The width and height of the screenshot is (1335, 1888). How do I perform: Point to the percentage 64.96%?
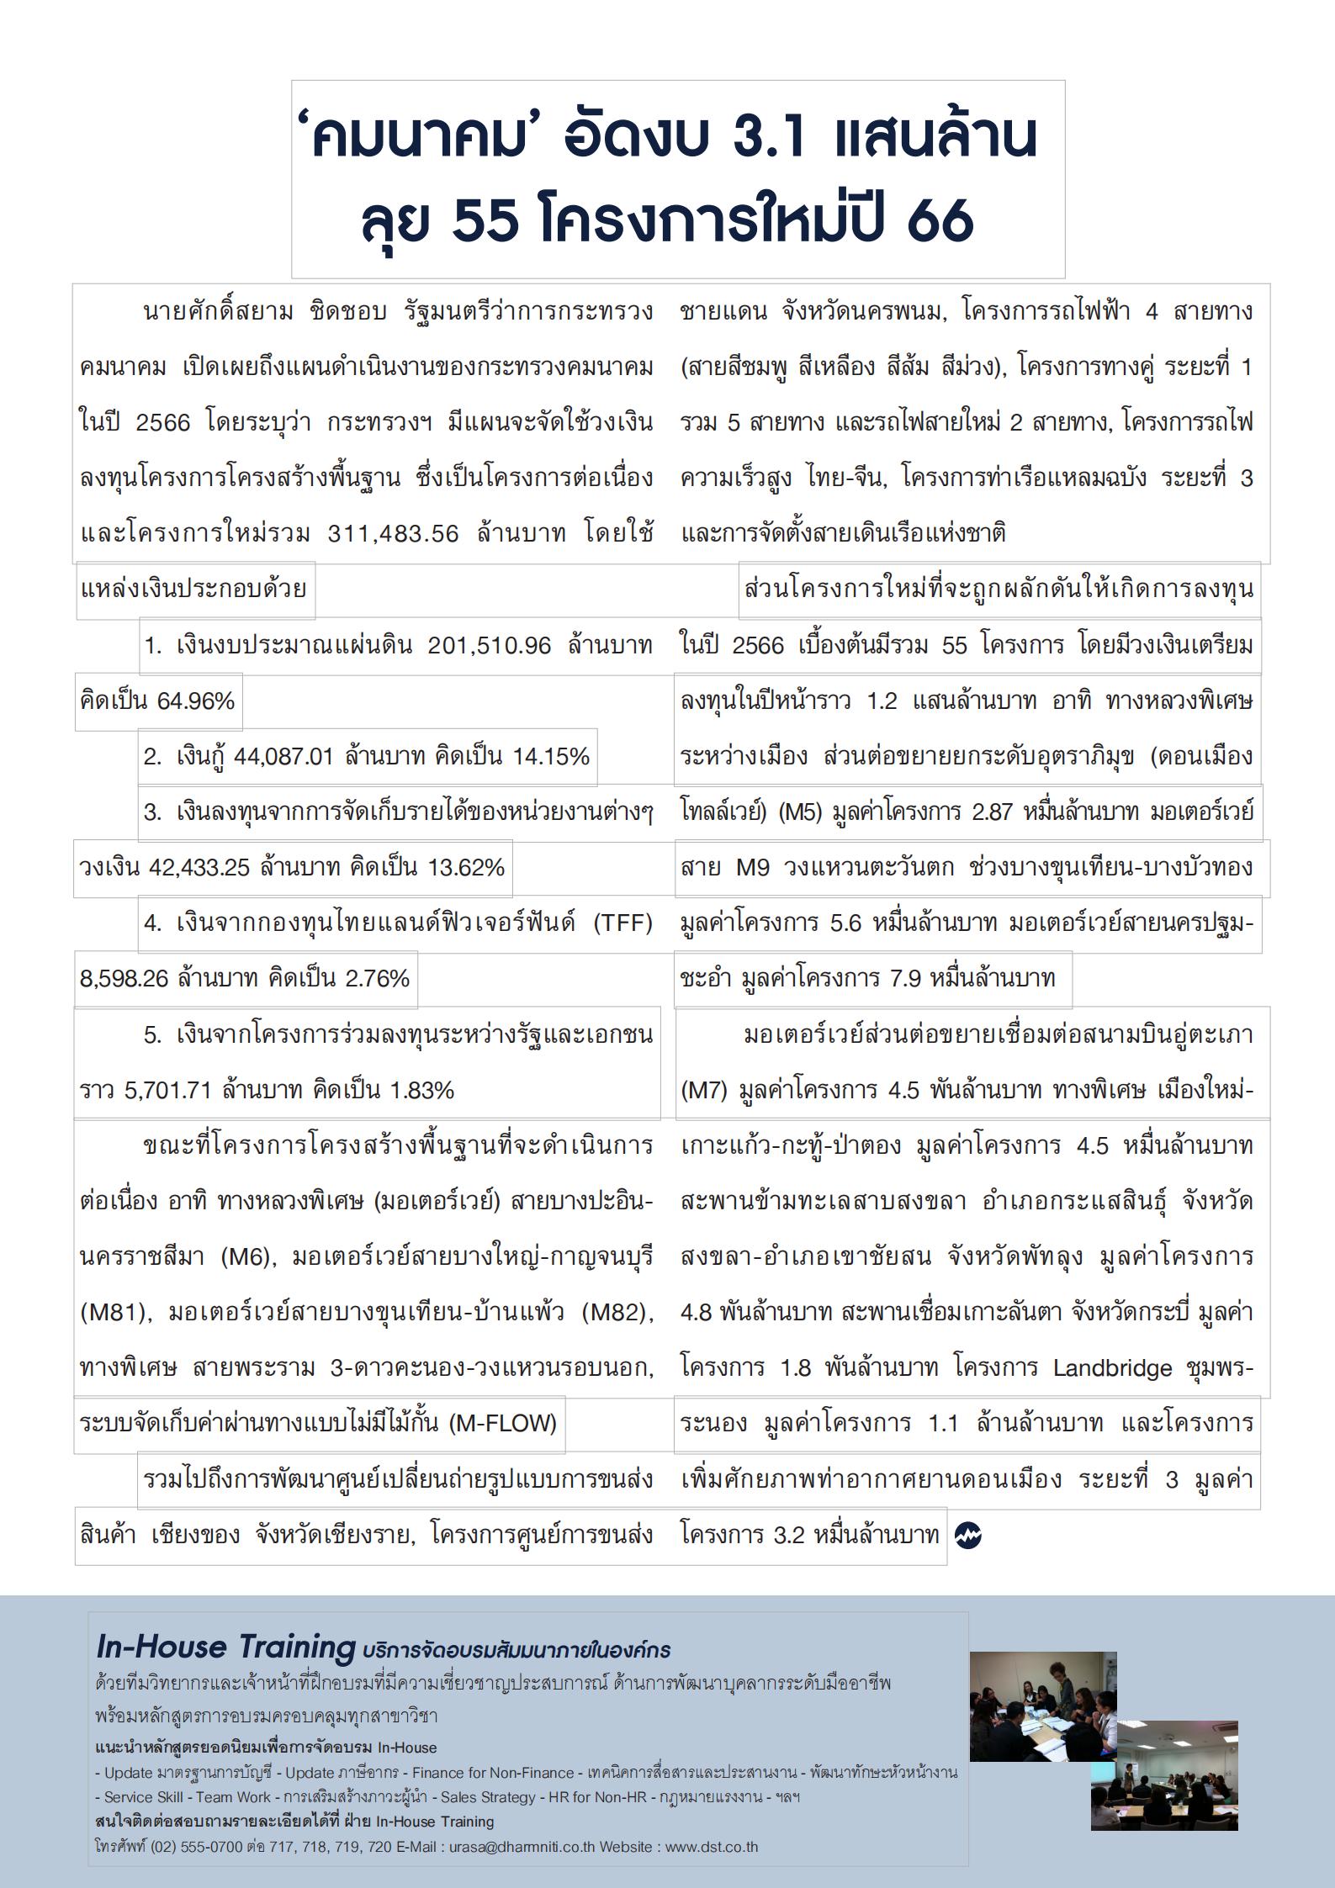pyautogui.click(x=195, y=701)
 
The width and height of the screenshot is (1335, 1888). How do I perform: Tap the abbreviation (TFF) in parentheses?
pyautogui.click(x=622, y=923)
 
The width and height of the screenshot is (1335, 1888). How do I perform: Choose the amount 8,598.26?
pyautogui.click(x=124, y=979)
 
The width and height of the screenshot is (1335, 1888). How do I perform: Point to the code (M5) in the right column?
pyautogui.click(x=801, y=813)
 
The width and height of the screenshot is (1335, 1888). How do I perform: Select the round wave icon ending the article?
pyautogui.click(x=968, y=1536)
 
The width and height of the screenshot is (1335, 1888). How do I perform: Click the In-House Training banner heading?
pyautogui.click(x=225, y=1647)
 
